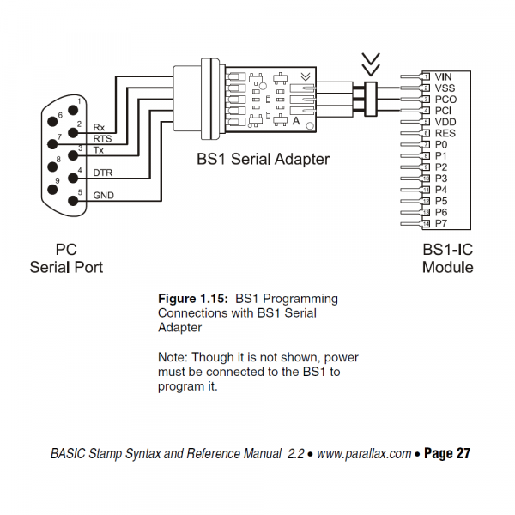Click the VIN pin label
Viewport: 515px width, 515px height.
tap(444, 77)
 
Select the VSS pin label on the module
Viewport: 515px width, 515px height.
tap(445, 88)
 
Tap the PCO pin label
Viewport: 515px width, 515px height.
tap(445, 100)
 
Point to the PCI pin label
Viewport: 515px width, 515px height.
tap(444, 111)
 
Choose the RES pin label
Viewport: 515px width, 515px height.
tap(445, 133)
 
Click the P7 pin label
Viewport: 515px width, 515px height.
tap(441, 223)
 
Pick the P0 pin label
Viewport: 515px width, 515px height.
tap(441, 145)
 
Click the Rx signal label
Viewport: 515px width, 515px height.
tap(100, 126)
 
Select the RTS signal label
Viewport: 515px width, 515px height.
tap(102, 138)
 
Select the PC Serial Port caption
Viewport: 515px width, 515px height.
tap(66, 258)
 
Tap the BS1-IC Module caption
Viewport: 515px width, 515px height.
tap(447, 258)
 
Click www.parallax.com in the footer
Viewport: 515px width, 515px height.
tap(364, 454)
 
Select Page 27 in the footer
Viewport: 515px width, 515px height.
tap(447, 454)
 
